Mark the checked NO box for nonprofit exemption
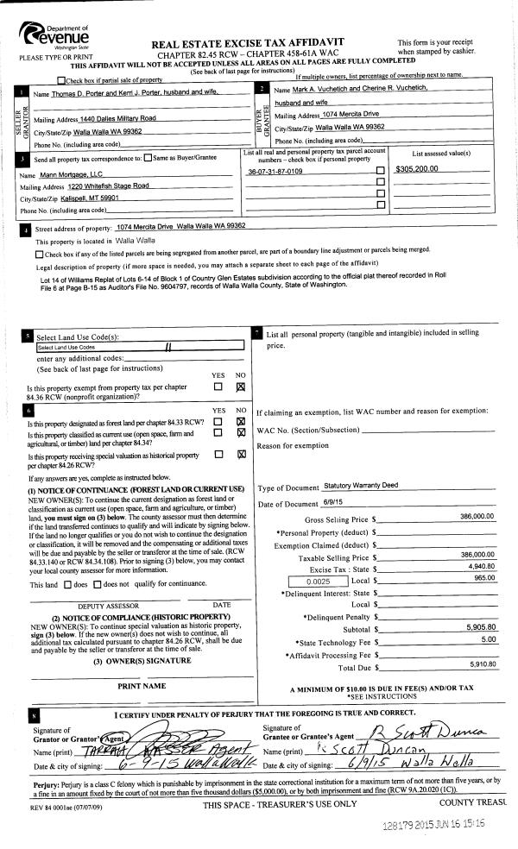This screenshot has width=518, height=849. coord(241,387)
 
